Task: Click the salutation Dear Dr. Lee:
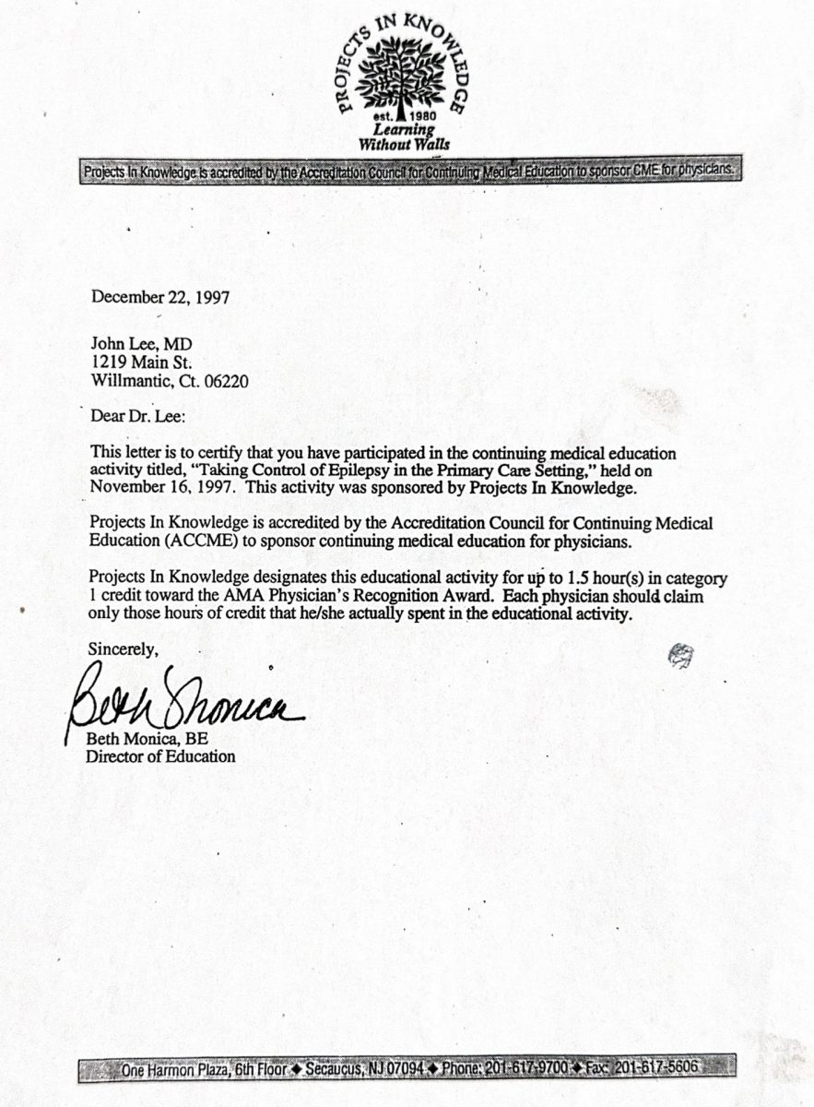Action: point(138,415)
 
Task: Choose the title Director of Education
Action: point(160,756)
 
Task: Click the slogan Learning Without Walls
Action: point(406,137)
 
